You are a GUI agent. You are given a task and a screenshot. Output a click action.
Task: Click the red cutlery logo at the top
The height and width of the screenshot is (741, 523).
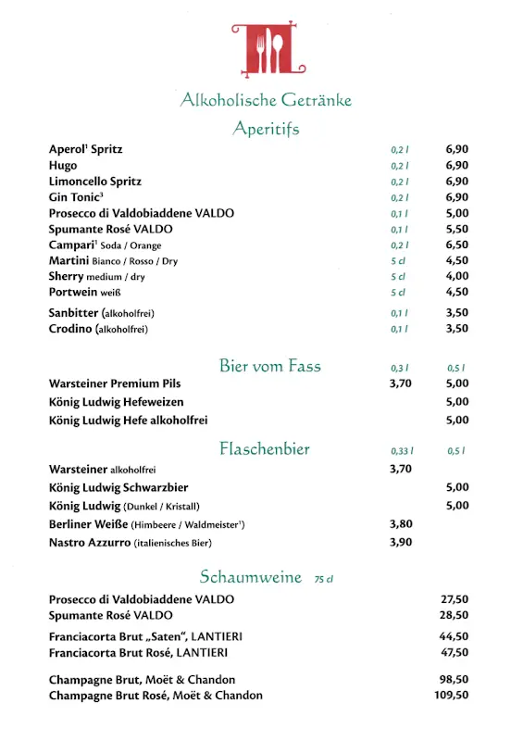point(268,50)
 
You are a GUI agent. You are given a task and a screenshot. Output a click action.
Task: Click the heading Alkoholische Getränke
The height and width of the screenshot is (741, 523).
point(266,100)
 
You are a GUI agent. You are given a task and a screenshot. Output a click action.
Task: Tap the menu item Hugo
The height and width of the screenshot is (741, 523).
point(63,165)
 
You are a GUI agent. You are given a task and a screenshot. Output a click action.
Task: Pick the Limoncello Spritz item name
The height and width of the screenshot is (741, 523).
point(94,181)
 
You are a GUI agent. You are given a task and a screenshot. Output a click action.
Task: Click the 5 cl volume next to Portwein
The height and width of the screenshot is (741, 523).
point(398,293)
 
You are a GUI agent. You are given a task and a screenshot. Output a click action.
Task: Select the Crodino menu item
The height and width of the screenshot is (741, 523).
point(70,328)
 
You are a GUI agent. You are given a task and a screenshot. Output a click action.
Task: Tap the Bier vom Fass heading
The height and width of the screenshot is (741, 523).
point(270,366)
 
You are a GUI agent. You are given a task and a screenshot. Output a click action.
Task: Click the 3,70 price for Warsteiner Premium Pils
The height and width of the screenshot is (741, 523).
point(400,383)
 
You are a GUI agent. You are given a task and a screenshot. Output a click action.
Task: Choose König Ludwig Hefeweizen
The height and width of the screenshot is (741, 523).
point(116,402)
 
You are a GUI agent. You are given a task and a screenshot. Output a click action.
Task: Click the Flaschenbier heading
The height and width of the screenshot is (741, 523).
point(264,449)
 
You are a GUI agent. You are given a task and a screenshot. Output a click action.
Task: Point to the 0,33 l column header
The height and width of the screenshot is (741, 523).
point(401,451)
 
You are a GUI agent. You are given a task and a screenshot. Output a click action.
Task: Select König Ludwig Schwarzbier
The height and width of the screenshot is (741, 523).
point(118,487)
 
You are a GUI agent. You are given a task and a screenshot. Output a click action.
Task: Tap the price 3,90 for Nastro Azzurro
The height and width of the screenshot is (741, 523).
point(400,542)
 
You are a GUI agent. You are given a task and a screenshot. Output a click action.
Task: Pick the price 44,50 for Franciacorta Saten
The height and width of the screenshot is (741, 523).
point(454,636)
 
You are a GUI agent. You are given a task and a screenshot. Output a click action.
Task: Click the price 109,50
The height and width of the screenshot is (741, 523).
point(451,695)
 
